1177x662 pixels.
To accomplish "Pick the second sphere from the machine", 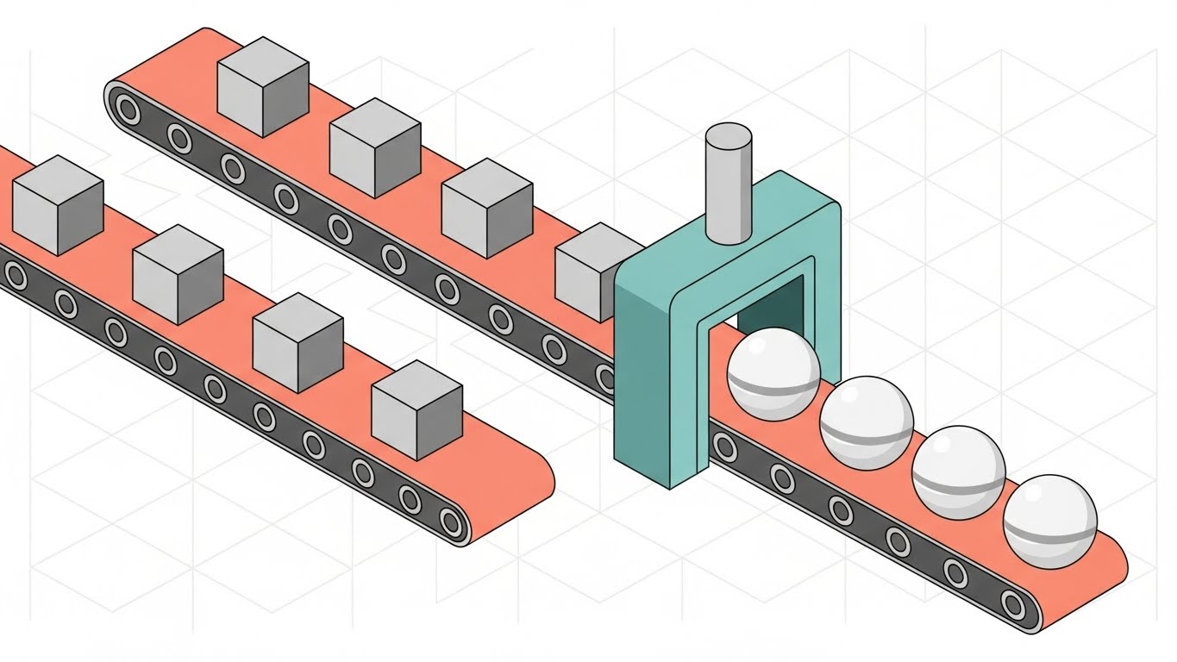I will click(x=866, y=422).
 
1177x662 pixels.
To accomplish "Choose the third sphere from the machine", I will click(x=958, y=472).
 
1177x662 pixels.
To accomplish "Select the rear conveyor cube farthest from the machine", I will click(x=263, y=86).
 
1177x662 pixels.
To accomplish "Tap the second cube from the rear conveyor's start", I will click(x=375, y=147).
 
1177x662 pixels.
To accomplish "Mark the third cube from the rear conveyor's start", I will click(x=487, y=208).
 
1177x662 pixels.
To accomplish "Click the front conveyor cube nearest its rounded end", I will click(x=417, y=409).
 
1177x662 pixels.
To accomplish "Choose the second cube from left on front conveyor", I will click(x=178, y=274).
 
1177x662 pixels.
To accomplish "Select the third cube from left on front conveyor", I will click(x=298, y=342).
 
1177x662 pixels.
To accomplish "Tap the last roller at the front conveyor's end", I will click(x=450, y=521).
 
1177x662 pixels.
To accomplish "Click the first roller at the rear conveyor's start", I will click(x=128, y=109).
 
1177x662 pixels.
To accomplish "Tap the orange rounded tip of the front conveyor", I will click(x=535, y=483).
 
